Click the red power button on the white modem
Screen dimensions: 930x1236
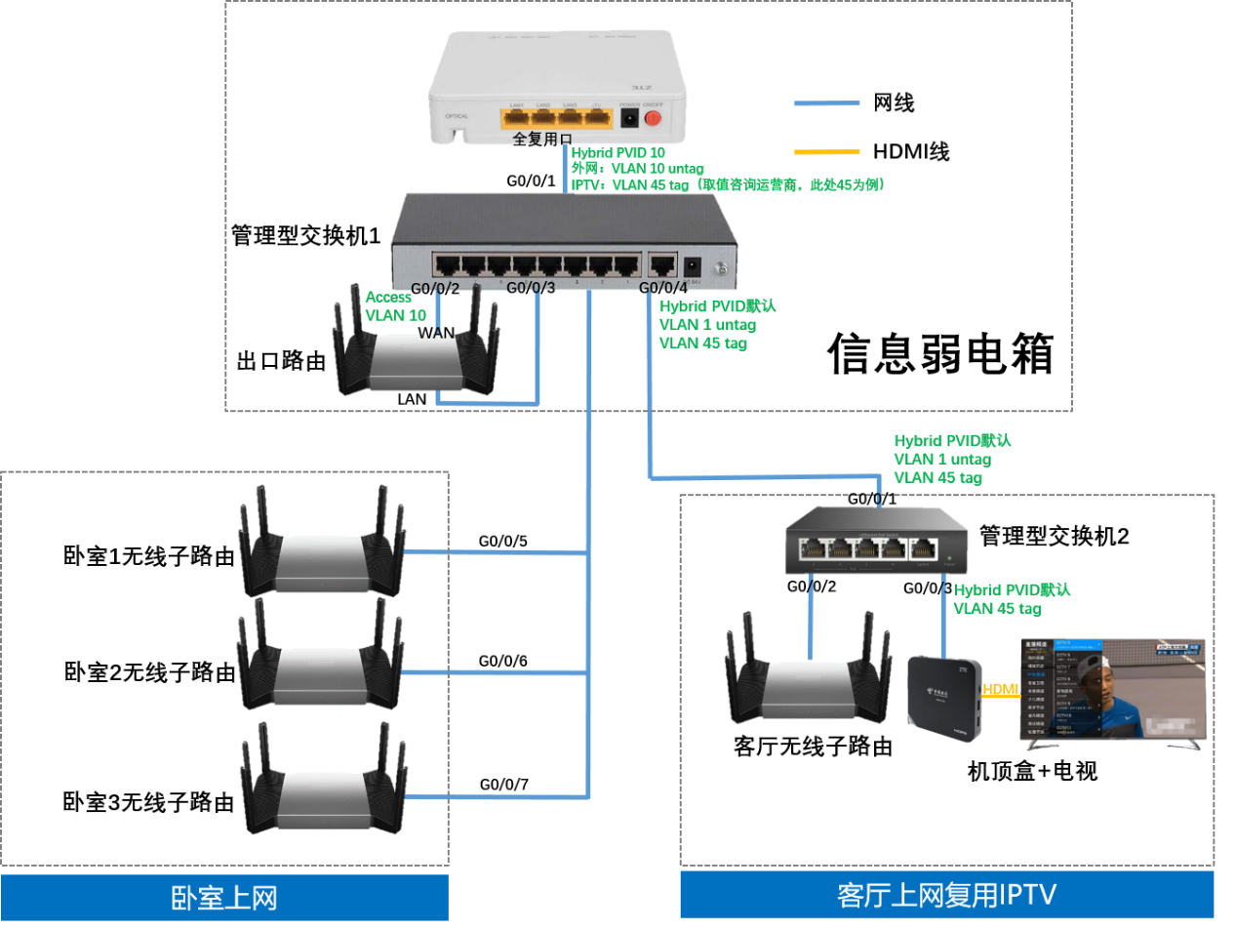tap(653, 119)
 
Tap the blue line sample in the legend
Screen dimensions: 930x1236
tap(826, 102)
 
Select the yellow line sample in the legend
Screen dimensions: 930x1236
tap(826, 152)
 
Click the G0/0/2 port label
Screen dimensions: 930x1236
tap(435, 288)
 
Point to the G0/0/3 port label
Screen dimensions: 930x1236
tap(531, 287)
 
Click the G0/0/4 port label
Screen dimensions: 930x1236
tap(663, 287)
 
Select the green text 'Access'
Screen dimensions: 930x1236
tap(388, 297)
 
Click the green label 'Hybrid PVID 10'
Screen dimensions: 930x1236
tap(618, 153)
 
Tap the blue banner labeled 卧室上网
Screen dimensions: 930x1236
tap(224, 898)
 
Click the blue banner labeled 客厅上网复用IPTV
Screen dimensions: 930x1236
tap(946, 895)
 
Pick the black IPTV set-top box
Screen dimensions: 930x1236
tap(943, 697)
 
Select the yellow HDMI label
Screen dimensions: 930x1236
tap(1001, 690)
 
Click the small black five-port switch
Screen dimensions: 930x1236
tap(876, 541)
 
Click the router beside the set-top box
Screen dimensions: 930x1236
tap(808, 680)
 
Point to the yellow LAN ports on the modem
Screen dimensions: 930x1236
tap(556, 118)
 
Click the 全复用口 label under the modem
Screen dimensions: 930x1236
tap(541, 139)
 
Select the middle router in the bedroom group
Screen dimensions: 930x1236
tap(320, 665)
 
